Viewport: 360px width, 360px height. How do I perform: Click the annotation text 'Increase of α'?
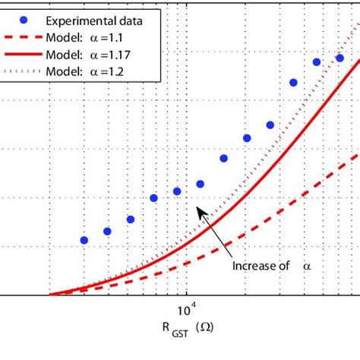click(270, 267)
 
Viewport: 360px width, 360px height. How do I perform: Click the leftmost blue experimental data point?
click(84, 240)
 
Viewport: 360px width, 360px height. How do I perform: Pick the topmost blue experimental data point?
click(339, 58)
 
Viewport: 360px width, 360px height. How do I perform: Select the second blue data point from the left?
click(107, 231)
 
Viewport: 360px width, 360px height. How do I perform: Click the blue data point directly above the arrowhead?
click(201, 184)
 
